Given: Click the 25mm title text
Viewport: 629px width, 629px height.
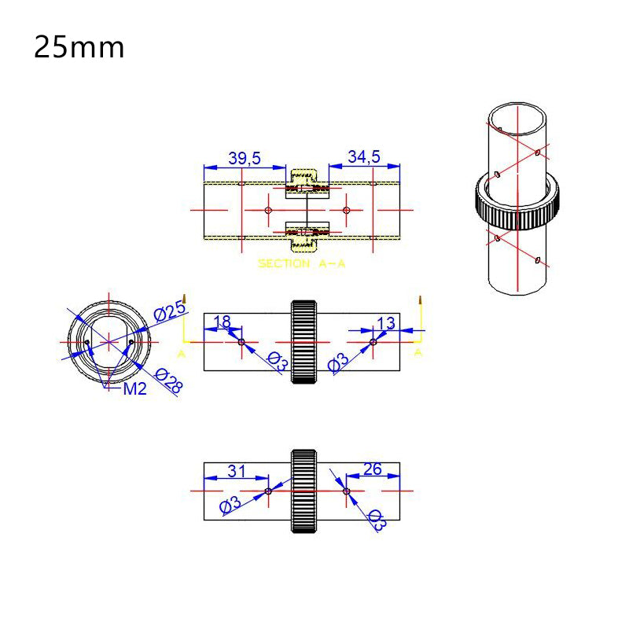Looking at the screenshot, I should point(79,48).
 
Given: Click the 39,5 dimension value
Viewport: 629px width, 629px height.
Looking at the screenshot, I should point(245,158).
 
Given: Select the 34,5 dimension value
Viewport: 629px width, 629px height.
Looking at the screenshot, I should point(364,158).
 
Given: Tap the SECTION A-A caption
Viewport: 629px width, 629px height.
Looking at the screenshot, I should point(302,264).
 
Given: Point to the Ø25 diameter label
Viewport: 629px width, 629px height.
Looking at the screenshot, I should point(170,312).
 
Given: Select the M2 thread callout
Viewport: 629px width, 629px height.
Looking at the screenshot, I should point(134,388).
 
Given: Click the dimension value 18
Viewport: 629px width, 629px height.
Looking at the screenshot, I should point(223,322).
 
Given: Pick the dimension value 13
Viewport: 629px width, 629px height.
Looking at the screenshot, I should point(386,322).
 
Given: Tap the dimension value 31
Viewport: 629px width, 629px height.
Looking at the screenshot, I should point(237,471).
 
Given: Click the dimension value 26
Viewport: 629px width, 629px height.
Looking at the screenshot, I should point(373,469).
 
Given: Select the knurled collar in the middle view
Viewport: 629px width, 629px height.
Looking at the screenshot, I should point(304,342).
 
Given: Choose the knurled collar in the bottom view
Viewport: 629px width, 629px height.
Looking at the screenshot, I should point(304,491).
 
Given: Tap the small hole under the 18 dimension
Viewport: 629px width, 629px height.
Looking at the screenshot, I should point(241,342).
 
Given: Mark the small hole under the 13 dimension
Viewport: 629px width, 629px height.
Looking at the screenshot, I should point(373,342).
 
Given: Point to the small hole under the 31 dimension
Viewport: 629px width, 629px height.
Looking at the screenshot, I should point(269,491).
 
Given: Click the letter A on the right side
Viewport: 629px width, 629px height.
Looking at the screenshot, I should point(418,353).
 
